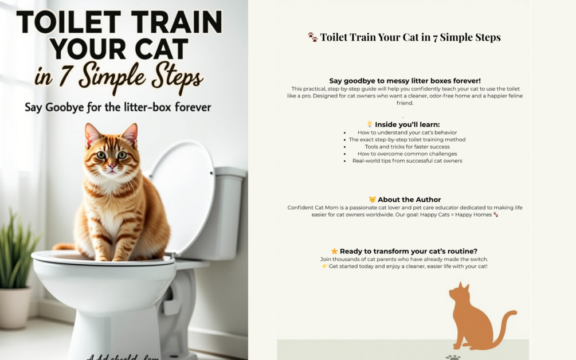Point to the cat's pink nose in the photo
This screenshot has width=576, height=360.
click(112, 165)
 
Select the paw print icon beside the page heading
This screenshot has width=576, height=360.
click(312, 37)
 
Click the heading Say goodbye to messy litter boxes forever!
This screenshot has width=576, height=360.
click(405, 81)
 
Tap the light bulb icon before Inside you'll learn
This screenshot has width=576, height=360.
click(370, 124)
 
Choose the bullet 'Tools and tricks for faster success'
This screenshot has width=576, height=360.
click(407, 147)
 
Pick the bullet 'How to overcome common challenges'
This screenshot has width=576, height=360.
click(407, 154)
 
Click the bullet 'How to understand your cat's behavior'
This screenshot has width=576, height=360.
click(407, 132)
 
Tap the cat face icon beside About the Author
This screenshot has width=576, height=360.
click(373, 199)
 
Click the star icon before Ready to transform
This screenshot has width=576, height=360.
click(334, 251)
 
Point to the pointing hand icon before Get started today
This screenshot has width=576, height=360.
click(324, 267)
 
